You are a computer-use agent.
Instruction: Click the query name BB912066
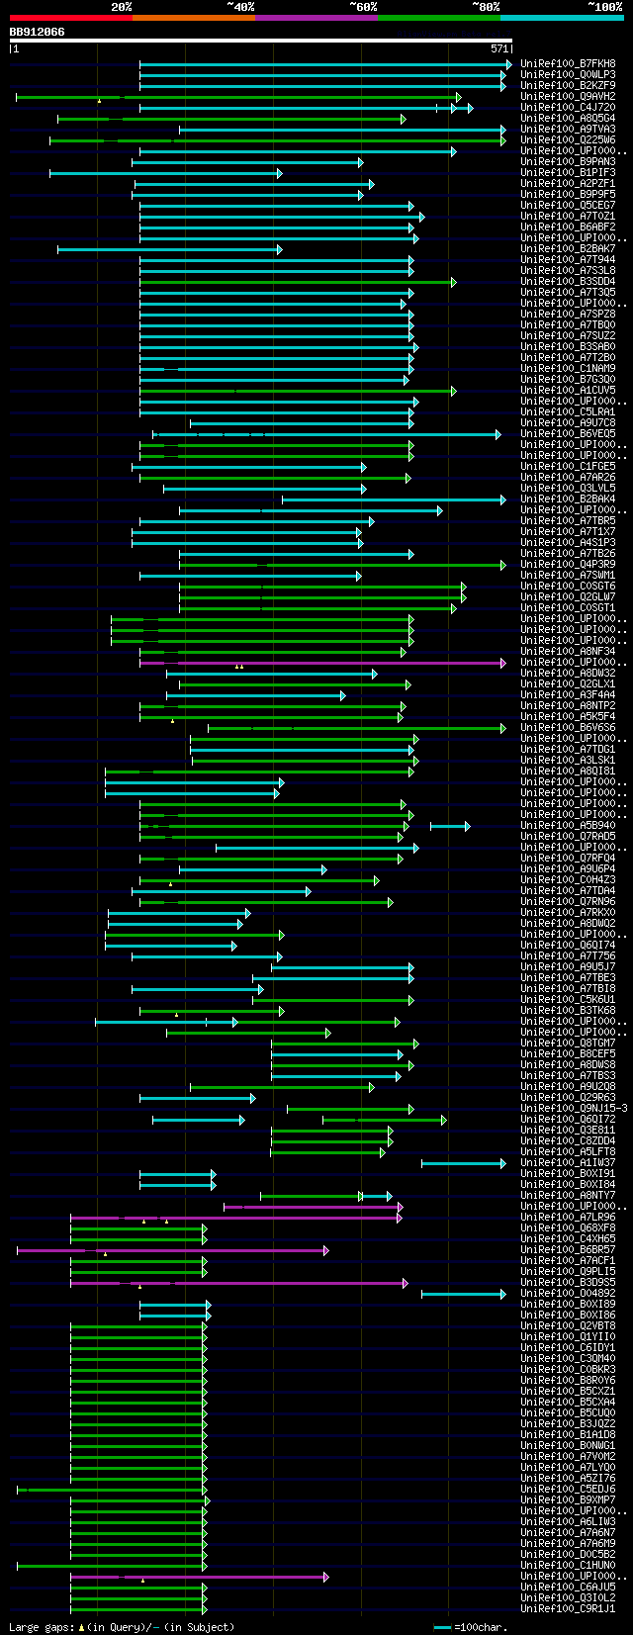38,32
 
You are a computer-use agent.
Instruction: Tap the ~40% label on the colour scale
240,7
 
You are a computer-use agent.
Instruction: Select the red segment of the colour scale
70,18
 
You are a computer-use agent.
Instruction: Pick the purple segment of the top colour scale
316,18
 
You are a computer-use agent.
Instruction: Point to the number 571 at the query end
498,48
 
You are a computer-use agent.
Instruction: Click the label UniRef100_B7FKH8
568,64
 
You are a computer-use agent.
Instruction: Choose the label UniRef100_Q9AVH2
568,97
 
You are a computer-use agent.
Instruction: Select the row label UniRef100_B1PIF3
568,173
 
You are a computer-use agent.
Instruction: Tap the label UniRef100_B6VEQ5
568,434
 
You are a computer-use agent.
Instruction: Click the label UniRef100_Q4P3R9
568,565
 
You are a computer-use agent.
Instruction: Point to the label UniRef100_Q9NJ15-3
574,1109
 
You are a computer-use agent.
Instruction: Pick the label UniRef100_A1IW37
568,1163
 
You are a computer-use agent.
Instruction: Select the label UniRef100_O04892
568,1294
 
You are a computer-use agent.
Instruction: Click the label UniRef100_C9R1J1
568,1609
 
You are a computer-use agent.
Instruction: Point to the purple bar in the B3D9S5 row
237,1283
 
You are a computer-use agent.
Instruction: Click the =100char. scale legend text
479,1627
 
